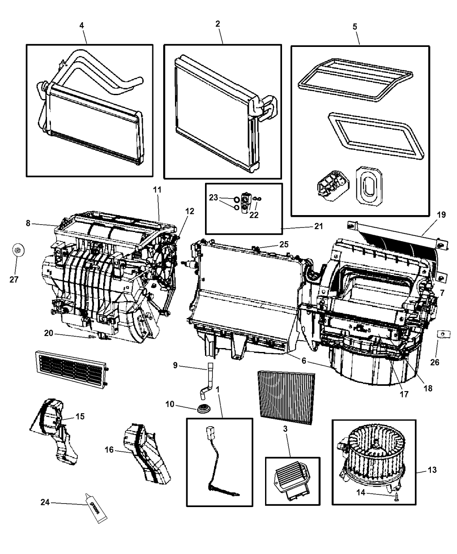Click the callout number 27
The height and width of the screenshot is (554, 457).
click(14, 280)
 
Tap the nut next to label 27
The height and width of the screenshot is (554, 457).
click(17, 250)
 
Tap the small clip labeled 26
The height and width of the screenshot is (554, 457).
click(442, 334)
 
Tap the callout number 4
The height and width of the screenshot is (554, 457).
click(81, 25)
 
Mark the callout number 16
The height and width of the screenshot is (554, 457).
click(109, 450)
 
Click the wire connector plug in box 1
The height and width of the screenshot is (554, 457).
click(209, 433)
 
